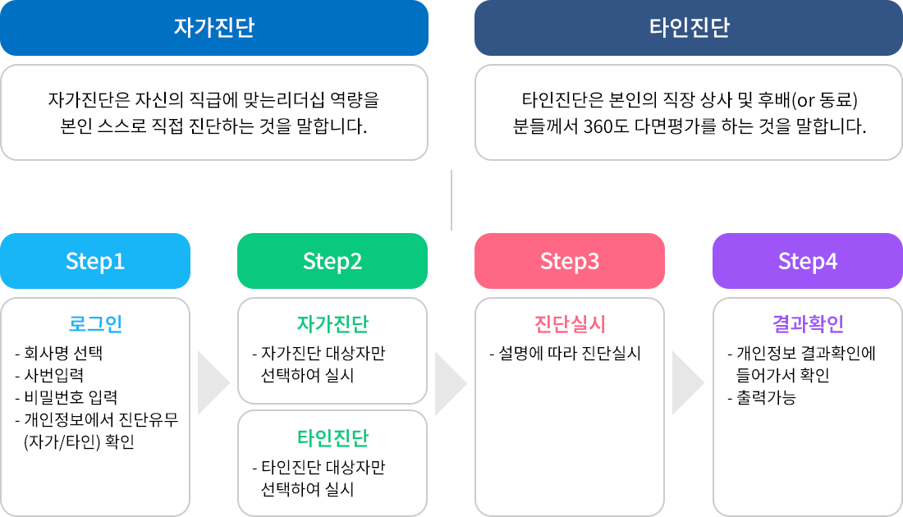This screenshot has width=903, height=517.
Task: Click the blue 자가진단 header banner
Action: point(213,28)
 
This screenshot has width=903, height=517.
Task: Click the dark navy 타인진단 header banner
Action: point(689,28)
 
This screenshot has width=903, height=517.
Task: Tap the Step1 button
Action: point(95,261)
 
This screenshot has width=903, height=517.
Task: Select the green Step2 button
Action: point(332,261)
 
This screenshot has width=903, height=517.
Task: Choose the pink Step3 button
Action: point(570,261)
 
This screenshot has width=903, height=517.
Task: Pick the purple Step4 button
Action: point(808,261)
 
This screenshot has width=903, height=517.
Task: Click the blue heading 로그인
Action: point(95,323)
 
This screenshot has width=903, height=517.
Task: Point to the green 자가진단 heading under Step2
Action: point(332,323)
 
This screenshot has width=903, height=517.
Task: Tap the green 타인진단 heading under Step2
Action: point(332,437)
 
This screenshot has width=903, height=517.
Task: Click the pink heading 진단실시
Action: point(570,323)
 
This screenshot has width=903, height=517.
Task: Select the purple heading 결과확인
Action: point(808,323)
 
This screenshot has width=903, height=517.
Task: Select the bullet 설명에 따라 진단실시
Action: point(569,355)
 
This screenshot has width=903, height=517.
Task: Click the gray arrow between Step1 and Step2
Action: point(213,383)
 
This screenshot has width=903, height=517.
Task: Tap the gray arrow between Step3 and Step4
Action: point(688,383)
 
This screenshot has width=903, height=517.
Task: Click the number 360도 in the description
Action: point(604,127)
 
